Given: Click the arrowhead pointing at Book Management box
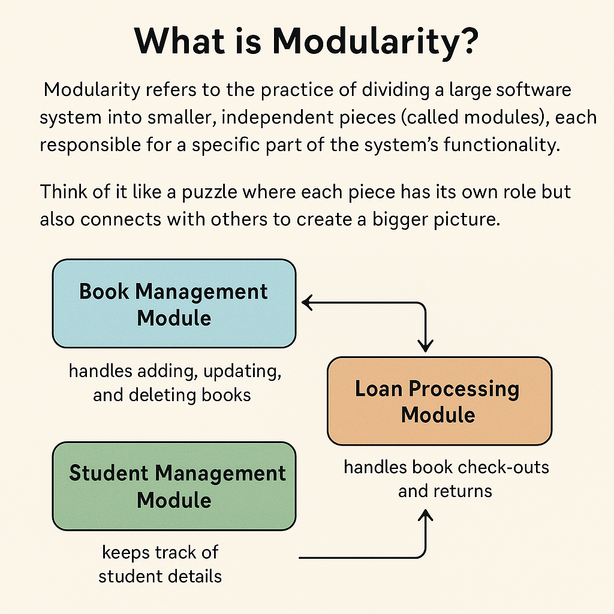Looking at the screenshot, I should click(307, 303).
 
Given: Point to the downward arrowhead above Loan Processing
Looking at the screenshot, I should click(425, 347).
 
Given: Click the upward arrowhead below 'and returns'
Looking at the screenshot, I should click(425, 516).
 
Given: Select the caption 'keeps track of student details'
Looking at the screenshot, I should click(160, 564).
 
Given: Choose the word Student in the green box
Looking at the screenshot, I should click(109, 473).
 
